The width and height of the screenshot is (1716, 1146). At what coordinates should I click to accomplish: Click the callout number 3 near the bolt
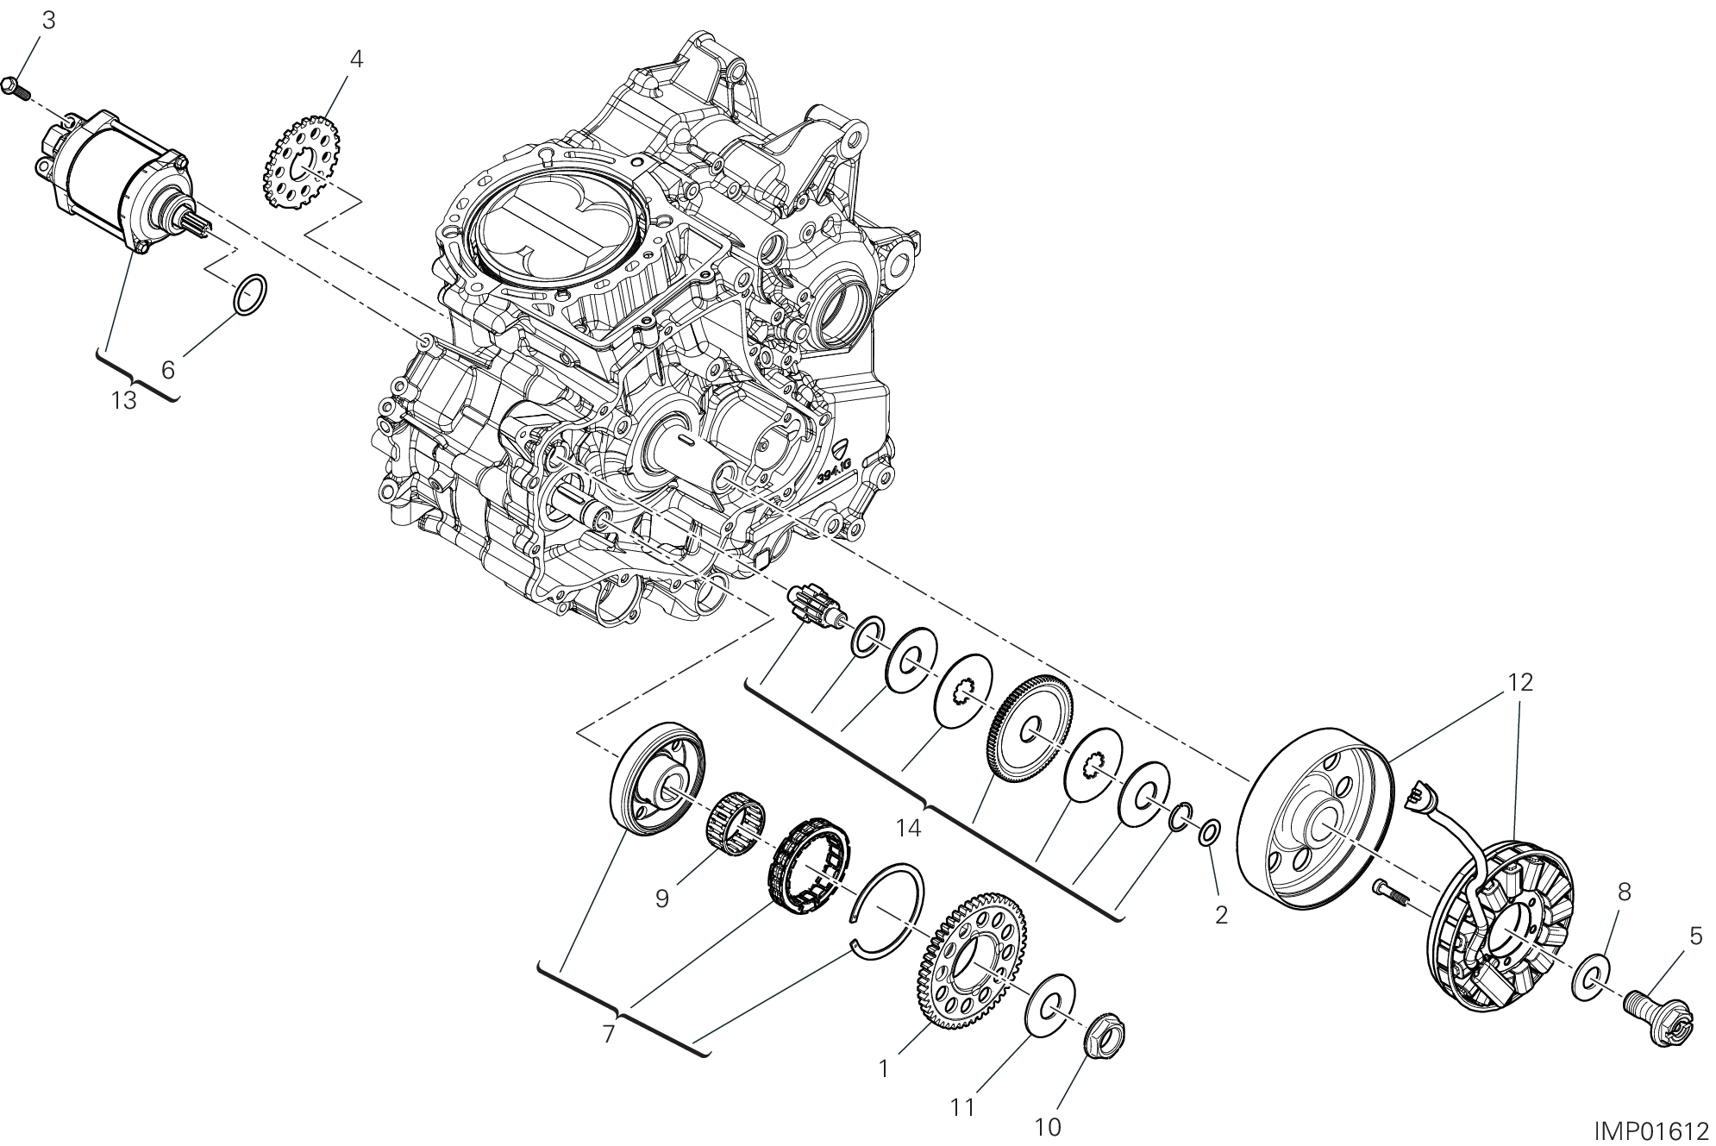pos(49,21)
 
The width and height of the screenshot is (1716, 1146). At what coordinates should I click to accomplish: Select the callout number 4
pos(356,59)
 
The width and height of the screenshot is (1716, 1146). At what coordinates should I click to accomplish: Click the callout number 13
pos(125,401)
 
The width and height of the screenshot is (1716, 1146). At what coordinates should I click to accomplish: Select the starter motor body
pos(118,183)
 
